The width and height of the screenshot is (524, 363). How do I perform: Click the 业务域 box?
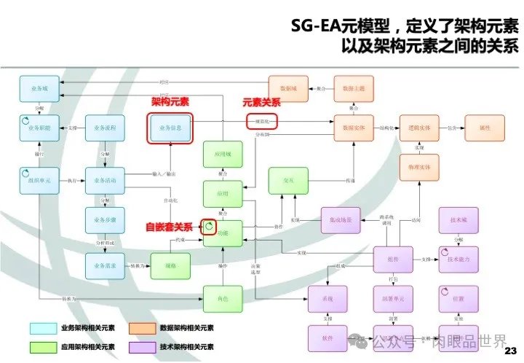(39, 88)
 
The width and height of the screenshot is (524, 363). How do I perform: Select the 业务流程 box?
(106, 128)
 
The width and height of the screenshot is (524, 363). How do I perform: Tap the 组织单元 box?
(39, 179)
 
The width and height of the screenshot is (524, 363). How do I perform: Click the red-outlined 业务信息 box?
(170, 128)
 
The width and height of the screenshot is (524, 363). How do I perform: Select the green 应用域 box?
(221, 155)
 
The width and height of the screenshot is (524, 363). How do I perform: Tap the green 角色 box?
(221, 299)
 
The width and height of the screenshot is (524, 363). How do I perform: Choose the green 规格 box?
(170, 265)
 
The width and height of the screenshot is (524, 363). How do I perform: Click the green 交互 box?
(287, 179)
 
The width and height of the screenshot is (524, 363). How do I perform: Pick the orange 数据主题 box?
(353, 87)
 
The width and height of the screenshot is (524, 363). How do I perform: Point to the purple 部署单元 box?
(392, 299)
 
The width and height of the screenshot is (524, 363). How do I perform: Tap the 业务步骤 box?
(106, 219)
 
